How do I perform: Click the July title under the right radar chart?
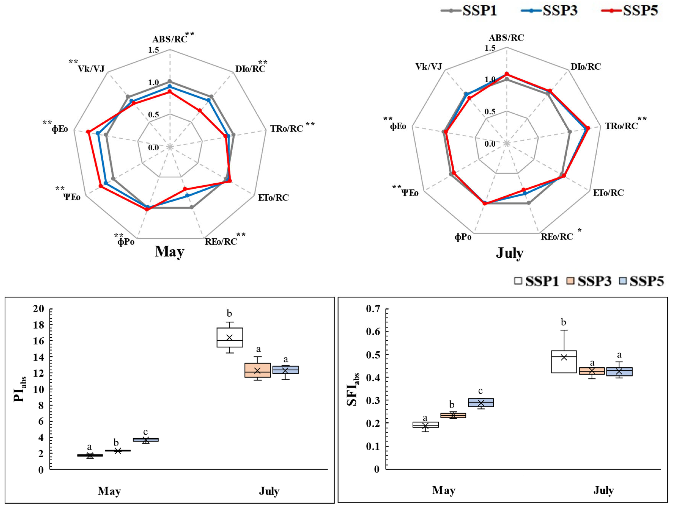pyautogui.click(x=510, y=253)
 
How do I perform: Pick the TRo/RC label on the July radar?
pyautogui.click(x=621, y=126)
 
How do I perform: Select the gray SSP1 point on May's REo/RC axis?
pyautogui.click(x=191, y=207)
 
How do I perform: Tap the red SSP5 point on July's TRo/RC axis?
pyautogui.click(x=588, y=128)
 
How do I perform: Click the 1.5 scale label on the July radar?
pyautogui.click(x=490, y=48)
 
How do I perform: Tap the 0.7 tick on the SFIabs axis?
pyautogui.click(x=373, y=309)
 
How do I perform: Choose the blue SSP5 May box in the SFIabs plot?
pyautogui.click(x=481, y=402)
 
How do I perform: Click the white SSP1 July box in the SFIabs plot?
pyautogui.click(x=564, y=362)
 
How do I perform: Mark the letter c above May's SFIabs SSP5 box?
pyautogui.click(x=481, y=391)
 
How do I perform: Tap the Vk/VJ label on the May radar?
pyautogui.click(x=91, y=69)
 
